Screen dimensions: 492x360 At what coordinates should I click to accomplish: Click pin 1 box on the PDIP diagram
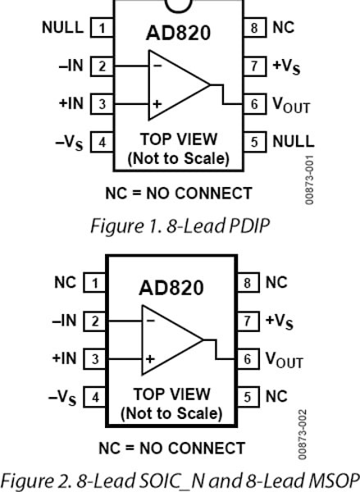[102, 29]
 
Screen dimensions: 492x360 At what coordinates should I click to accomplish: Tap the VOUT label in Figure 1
[290, 104]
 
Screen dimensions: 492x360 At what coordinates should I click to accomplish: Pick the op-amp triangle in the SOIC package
[173, 339]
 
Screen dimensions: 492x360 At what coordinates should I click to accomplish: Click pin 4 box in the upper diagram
[102, 142]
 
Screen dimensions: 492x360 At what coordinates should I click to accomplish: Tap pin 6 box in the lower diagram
[254, 358]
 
